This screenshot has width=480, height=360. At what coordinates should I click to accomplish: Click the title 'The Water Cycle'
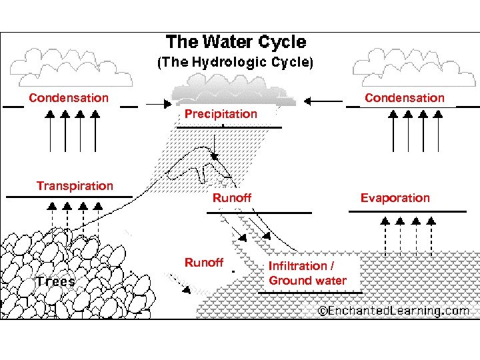click(236, 43)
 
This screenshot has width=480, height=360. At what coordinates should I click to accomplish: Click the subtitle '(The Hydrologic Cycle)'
click(234, 63)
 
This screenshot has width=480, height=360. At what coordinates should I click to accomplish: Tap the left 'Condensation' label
click(68, 98)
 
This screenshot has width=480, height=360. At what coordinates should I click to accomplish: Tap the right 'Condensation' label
click(404, 98)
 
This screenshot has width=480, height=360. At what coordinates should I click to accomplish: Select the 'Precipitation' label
click(221, 114)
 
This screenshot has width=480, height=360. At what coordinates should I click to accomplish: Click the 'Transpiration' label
click(75, 186)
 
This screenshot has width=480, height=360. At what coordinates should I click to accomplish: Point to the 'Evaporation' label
click(395, 198)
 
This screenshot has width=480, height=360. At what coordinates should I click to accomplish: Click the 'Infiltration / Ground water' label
click(307, 273)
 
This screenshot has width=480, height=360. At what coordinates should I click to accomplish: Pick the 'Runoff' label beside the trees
click(204, 263)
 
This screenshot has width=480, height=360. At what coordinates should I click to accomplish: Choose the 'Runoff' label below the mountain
click(232, 198)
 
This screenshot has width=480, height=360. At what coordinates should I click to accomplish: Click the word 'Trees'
click(56, 281)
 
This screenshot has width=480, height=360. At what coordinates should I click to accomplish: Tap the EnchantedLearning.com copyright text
click(393, 311)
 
